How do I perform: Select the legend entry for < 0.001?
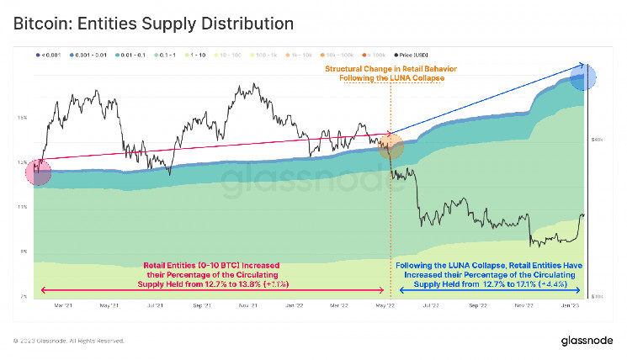[x=50, y=55]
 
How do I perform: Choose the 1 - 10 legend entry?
[x=199, y=55]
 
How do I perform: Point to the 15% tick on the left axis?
[x=23, y=117]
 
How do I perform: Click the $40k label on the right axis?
[x=594, y=138]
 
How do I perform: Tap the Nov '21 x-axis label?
[x=247, y=308]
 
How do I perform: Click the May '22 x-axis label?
[x=386, y=308]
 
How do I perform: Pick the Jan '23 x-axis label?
[x=571, y=308]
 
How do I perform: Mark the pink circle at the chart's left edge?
[x=39, y=172]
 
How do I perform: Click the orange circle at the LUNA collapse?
[x=391, y=146]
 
